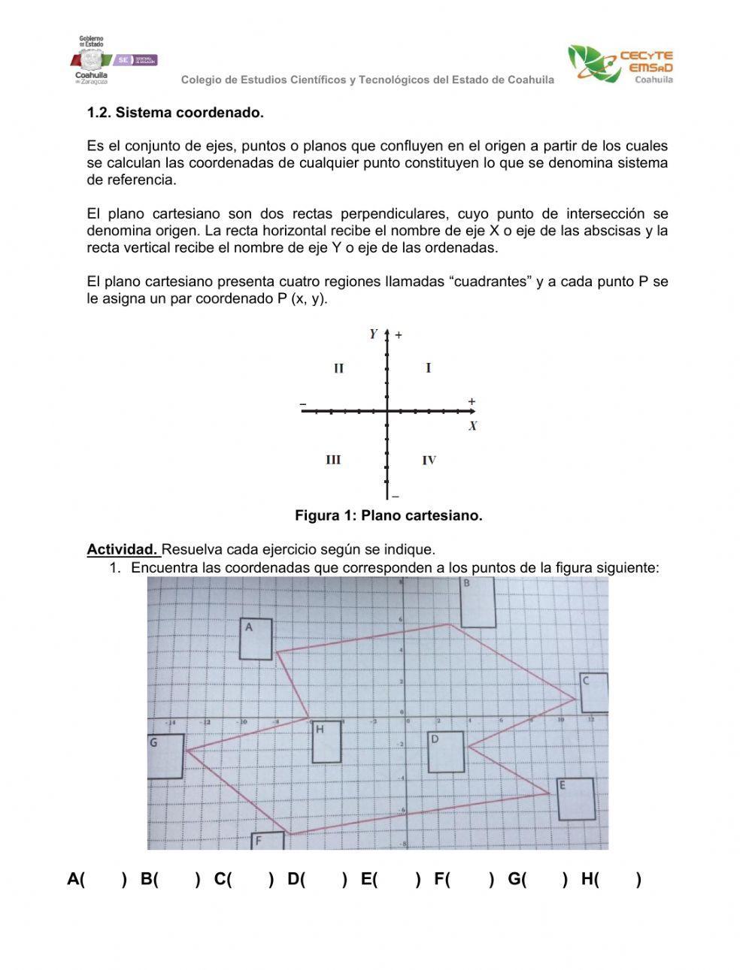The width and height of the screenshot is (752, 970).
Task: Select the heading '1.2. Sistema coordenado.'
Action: [175, 113]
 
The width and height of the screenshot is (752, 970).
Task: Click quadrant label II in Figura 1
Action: [338, 368]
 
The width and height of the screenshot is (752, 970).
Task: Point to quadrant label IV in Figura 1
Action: [429, 461]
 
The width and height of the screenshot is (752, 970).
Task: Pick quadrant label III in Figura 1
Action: [333, 460]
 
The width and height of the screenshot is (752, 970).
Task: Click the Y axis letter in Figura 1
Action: [373, 334]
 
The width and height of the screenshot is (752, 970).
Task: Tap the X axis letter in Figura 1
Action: [472, 426]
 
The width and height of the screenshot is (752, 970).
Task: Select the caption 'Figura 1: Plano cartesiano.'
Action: [388, 515]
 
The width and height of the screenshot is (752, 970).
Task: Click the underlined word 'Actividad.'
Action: [122, 549]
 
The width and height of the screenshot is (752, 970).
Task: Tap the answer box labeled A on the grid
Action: [256, 639]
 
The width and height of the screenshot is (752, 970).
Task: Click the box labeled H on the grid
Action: [326, 742]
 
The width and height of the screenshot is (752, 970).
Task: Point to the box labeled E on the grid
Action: [576, 799]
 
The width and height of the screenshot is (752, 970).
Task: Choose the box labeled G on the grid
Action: [165, 756]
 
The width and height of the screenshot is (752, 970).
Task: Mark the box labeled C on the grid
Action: [594, 692]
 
